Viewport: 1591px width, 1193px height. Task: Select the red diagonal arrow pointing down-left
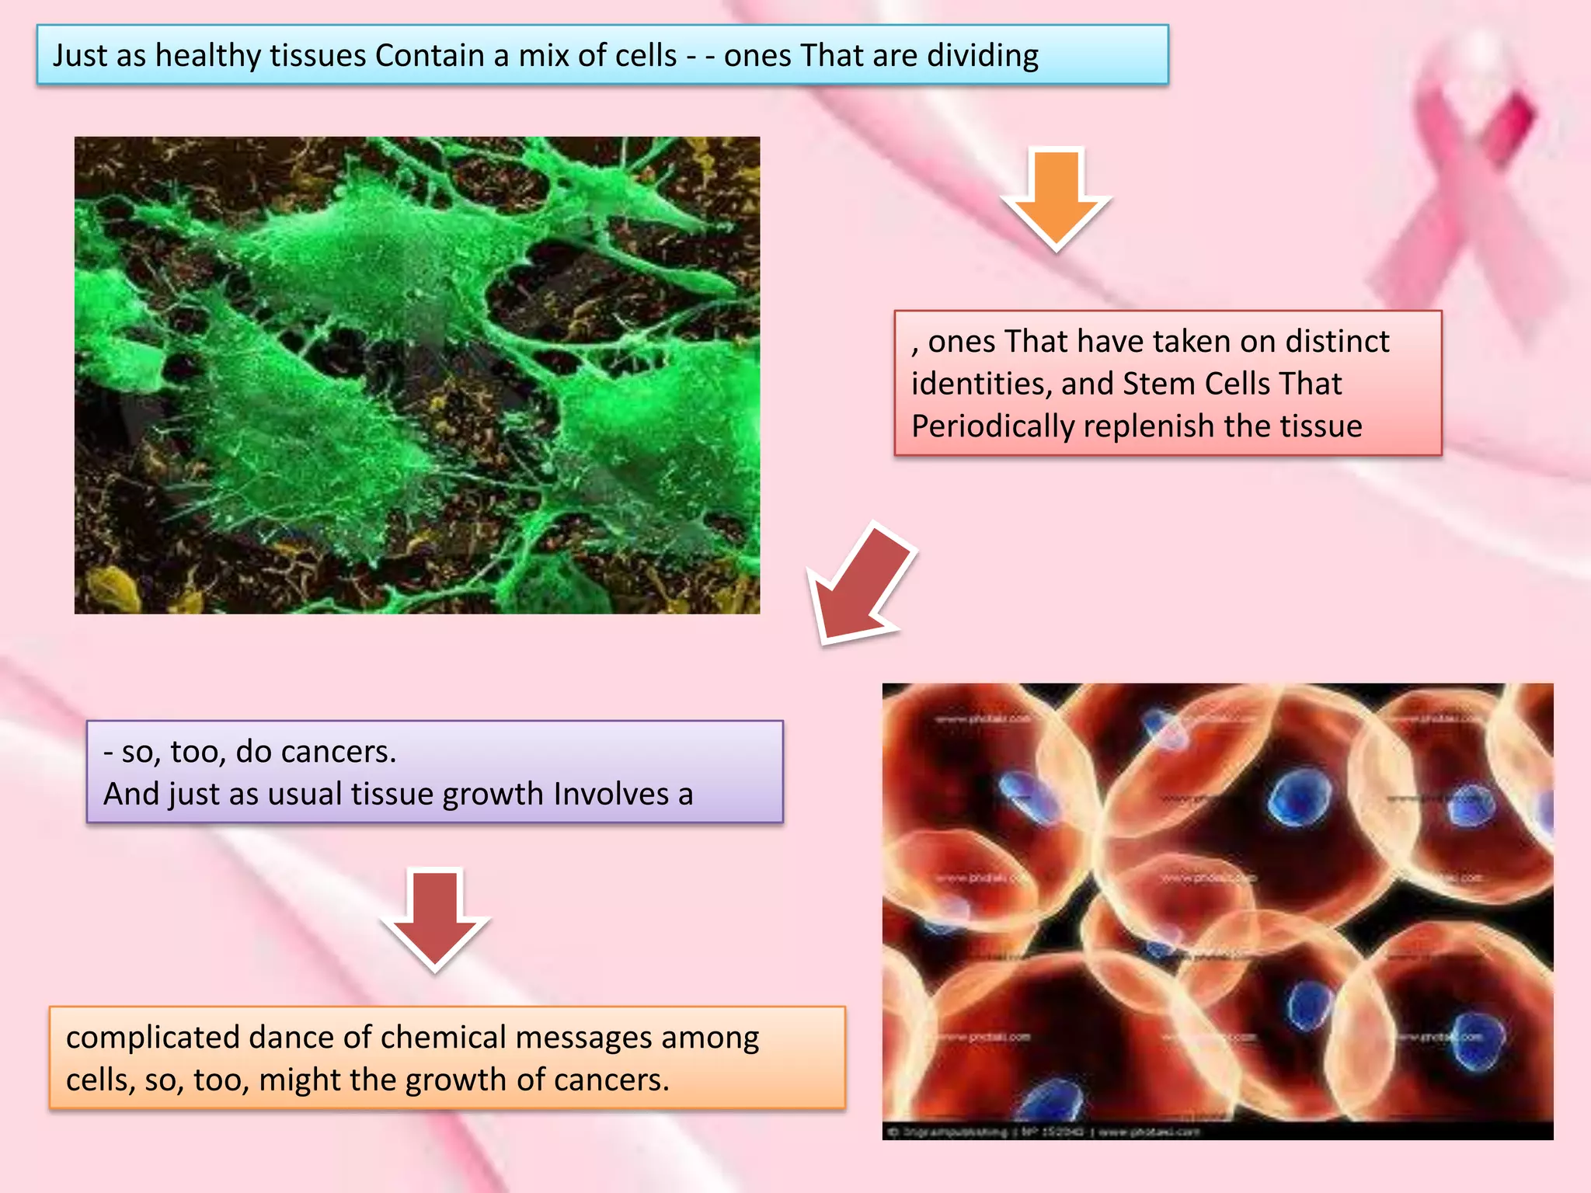(862, 583)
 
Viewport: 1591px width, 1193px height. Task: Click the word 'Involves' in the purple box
(611, 795)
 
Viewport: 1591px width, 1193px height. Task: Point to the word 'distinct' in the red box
(1337, 342)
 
